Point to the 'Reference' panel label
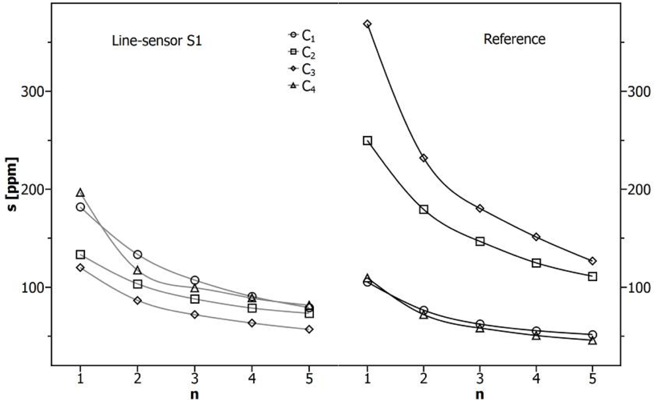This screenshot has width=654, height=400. tap(514, 39)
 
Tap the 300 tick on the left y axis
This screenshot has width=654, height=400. tap(32, 92)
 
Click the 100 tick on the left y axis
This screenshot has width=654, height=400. tap(32, 288)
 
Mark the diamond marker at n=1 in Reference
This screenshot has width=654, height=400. tap(368, 24)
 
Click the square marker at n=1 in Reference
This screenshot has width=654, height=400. tap(368, 141)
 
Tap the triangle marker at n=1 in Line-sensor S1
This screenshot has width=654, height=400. tap(80, 193)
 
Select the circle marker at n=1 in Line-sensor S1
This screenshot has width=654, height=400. tap(80, 207)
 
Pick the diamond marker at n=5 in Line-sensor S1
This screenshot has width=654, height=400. tap(309, 329)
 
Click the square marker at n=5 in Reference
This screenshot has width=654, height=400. tap(593, 276)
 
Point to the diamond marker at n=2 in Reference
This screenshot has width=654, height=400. tap(424, 158)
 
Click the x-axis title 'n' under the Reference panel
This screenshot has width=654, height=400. tap(480, 394)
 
